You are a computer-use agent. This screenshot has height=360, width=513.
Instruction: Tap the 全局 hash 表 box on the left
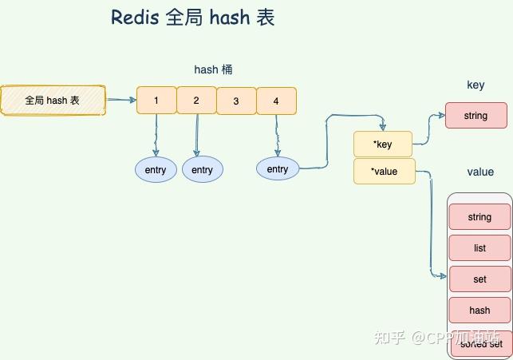[x=53, y=101]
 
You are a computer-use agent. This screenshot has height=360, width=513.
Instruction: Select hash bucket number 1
[x=156, y=101]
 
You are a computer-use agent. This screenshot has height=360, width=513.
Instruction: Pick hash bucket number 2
[x=196, y=101]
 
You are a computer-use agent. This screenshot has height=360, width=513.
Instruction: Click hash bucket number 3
[x=236, y=101]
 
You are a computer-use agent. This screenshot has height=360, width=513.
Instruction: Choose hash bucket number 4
[x=276, y=101]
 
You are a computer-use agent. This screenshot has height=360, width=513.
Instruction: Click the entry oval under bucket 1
[x=156, y=169]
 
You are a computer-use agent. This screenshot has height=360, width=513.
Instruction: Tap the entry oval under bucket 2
[x=203, y=169]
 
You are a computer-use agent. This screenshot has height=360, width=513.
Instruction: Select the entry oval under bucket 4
[x=277, y=168]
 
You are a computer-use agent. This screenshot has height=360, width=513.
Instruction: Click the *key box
[x=383, y=144]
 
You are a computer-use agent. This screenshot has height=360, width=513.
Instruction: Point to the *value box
[x=384, y=171]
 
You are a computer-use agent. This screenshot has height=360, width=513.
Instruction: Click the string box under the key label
[x=476, y=116]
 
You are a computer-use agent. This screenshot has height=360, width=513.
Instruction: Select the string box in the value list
[x=479, y=216]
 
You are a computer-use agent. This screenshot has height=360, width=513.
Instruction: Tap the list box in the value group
[x=479, y=247]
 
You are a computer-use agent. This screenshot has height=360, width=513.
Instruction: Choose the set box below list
[x=479, y=279]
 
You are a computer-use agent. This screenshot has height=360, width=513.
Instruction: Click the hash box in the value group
[x=479, y=310]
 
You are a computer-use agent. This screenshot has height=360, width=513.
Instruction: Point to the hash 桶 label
[x=213, y=70]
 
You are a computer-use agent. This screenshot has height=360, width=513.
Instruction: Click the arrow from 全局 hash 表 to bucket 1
[x=120, y=101]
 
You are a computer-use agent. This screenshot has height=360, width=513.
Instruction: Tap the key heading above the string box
[x=476, y=85]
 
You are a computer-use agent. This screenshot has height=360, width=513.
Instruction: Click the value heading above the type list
[x=480, y=172]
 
